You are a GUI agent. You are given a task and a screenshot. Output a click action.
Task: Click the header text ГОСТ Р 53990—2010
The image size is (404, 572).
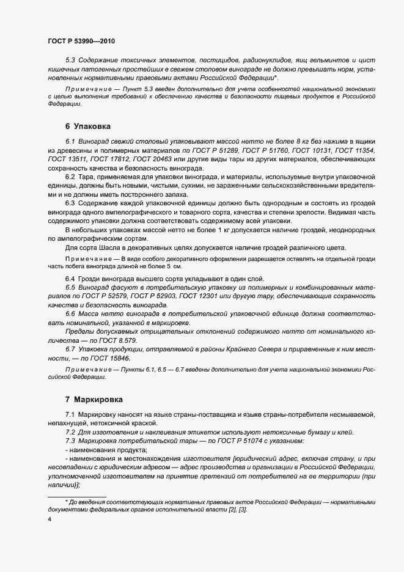tap(81, 41)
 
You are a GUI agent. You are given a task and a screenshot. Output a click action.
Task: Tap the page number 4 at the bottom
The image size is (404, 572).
tap(50, 519)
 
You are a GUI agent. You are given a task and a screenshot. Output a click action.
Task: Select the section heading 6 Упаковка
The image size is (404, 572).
tap(87, 127)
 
